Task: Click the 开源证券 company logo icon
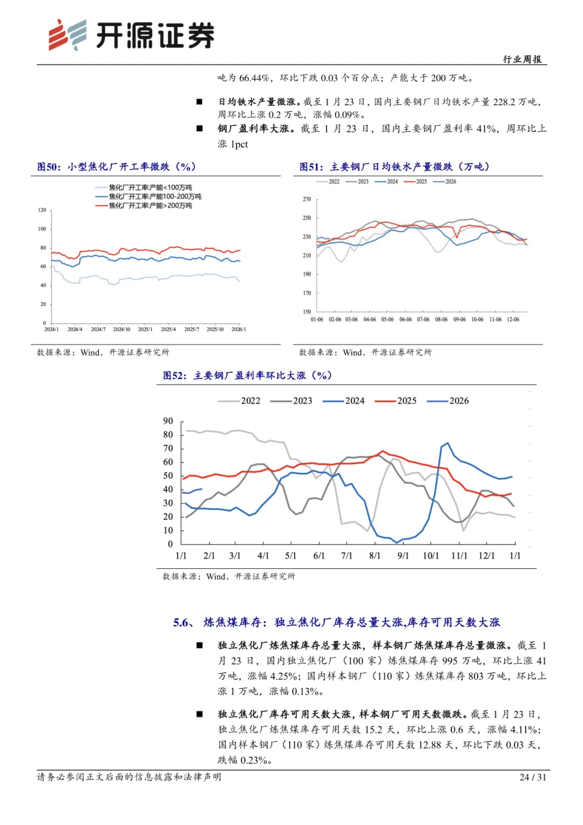click(68, 35)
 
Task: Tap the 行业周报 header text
click(522, 59)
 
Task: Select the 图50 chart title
click(116, 167)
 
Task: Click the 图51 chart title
click(394, 167)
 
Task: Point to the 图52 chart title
click(247, 375)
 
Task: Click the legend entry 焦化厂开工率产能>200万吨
click(150, 206)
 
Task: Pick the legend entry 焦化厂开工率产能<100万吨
click(150, 187)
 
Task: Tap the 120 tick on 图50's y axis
click(42, 210)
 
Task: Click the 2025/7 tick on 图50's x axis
click(192, 329)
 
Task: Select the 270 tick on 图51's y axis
click(307, 199)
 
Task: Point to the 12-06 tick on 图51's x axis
click(513, 319)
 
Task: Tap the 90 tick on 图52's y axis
click(168, 421)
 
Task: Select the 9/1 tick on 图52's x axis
click(403, 555)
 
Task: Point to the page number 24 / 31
click(532, 777)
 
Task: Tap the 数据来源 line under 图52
click(229, 576)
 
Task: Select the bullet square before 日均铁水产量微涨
click(200, 102)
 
